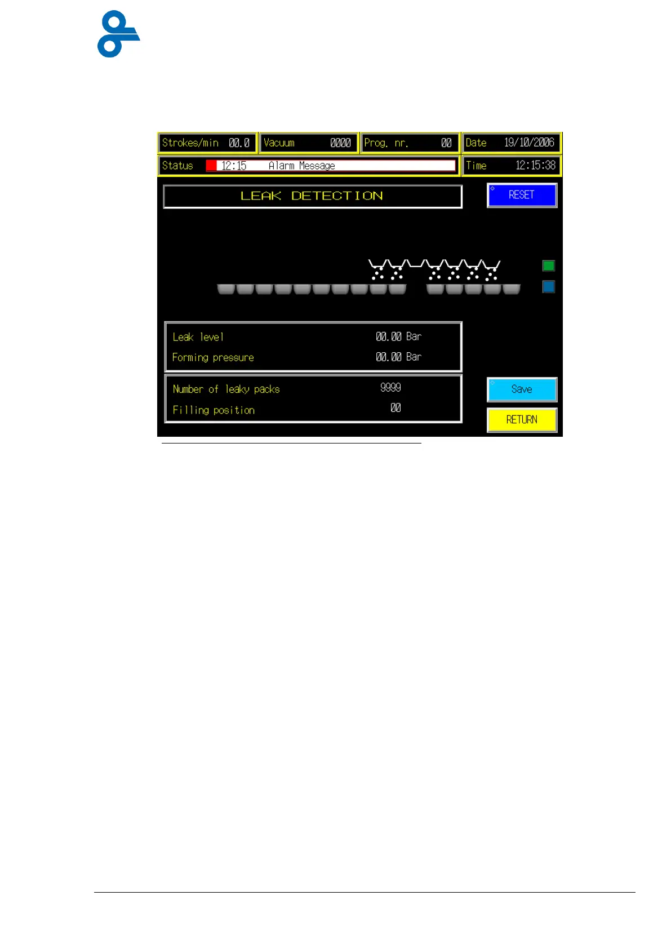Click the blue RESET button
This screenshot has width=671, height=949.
tap(522, 195)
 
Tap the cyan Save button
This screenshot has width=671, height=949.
tap(522, 389)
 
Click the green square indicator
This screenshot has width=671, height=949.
tap(548, 265)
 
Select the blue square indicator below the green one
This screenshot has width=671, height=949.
tap(548, 287)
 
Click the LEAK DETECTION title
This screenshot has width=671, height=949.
tap(312, 196)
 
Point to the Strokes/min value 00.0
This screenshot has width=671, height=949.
tap(239, 143)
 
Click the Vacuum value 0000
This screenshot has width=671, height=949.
tap(340, 143)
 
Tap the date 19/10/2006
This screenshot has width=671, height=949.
tap(529, 143)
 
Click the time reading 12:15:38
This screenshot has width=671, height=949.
tap(535, 166)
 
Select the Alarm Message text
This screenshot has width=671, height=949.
tap(301, 166)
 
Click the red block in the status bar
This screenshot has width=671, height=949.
tap(211, 166)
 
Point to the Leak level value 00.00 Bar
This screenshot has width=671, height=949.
tap(398, 336)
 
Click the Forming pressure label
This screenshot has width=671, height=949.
tap(213, 357)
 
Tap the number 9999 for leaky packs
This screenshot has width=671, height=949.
tap(390, 387)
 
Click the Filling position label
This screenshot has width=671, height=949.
tap(214, 410)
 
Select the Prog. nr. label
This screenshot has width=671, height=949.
tap(386, 143)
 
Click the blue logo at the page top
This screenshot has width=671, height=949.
tap(118, 34)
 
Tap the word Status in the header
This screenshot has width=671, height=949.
tap(177, 166)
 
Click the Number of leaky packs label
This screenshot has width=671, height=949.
tap(226, 389)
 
